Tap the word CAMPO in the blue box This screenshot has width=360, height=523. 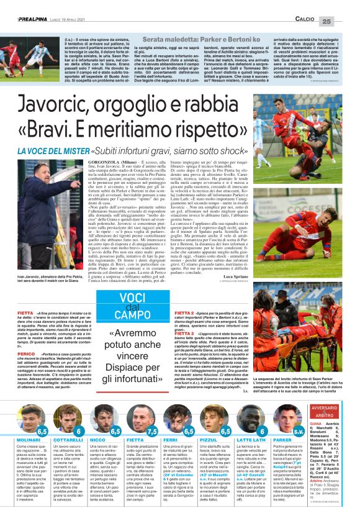[x=138, y=316]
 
